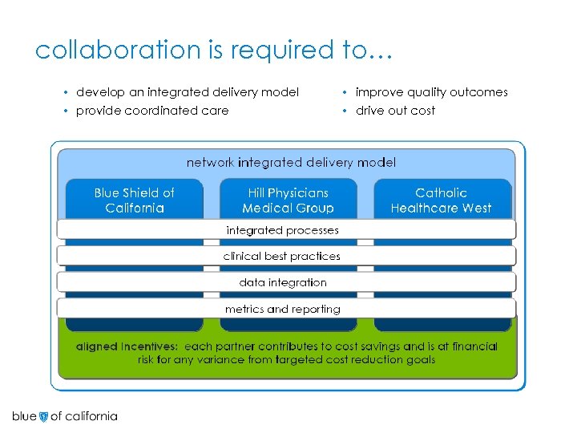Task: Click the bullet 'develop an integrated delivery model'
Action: [187, 92]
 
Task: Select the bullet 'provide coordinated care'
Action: [151, 111]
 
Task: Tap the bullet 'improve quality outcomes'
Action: [431, 92]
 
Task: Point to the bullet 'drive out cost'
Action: [395, 111]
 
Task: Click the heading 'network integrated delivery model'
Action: [291, 162]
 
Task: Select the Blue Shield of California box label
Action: [134, 200]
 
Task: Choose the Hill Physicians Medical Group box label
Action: [288, 200]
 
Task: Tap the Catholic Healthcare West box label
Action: [441, 200]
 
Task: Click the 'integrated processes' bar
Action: [282, 230]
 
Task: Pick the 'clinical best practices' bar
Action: [282, 257]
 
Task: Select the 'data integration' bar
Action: [282, 283]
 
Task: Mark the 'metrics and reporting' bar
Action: [282, 310]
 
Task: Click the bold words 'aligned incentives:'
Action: [127, 346]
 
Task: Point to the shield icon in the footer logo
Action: [43, 416]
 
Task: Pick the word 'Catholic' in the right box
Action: [441, 192]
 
